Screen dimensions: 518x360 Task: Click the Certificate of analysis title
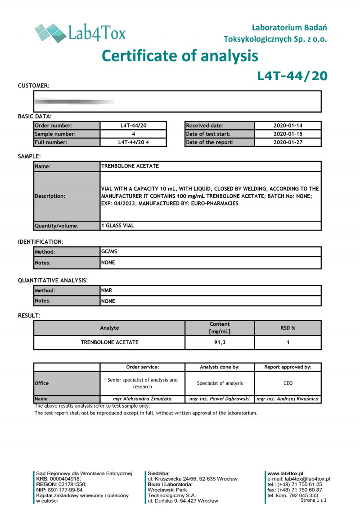pyautogui.click(x=180, y=56)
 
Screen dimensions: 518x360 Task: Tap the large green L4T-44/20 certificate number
pyautogui.click(x=292, y=76)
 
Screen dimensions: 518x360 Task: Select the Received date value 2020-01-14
pyautogui.click(x=288, y=126)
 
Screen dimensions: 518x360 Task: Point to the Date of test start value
pyautogui.click(x=288, y=134)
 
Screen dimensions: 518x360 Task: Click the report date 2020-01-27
pyautogui.click(x=288, y=143)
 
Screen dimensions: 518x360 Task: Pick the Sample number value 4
pyautogui.click(x=133, y=134)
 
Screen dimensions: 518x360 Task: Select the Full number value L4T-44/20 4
pyautogui.click(x=133, y=143)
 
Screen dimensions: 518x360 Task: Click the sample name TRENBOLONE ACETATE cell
pyautogui.click(x=130, y=166)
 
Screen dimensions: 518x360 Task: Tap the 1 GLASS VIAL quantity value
pyautogui.click(x=118, y=226)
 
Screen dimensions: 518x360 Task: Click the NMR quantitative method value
pyautogui.click(x=107, y=291)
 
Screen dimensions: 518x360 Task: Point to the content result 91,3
pyautogui.click(x=220, y=342)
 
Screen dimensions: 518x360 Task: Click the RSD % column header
pyautogui.click(x=288, y=328)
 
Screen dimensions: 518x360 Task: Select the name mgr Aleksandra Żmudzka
pyautogui.click(x=142, y=399)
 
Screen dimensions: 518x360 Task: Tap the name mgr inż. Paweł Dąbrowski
pyautogui.click(x=220, y=399)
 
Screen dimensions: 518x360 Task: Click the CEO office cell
pyautogui.click(x=288, y=383)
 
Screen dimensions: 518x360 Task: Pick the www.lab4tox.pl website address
pyautogui.click(x=285, y=473)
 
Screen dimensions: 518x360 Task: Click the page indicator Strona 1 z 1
pyautogui.click(x=314, y=500)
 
